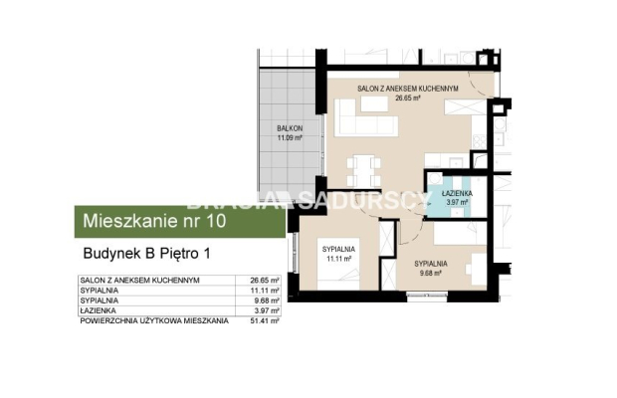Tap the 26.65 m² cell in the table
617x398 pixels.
coord(265,282)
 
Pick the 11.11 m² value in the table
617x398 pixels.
coord(265,292)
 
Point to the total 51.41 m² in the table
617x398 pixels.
coord(265,321)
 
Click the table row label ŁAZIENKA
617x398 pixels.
coord(98,311)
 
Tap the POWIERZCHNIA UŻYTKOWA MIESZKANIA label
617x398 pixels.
coord(154,321)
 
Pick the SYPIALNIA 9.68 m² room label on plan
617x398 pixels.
coord(431,267)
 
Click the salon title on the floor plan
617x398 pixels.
coord(407,90)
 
